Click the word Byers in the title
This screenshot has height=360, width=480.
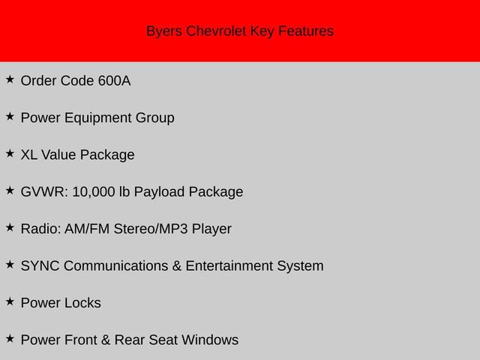pyautogui.click(x=164, y=31)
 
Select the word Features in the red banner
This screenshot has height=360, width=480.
pyautogui.click(x=306, y=31)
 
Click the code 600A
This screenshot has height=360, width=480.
pyautogui.click(x=115, y=81)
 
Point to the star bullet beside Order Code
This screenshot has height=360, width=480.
pyautogui.click(x=10, y=79)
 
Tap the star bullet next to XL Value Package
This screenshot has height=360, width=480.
pyautogui.click(x=10, y=154)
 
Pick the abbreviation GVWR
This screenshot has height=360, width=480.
pyautogui.click(x=44, y=192)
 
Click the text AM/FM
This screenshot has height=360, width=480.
pyautogui.click(x=87, y=229)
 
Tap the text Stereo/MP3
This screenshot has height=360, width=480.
pyautogui.click(x=151, y=229)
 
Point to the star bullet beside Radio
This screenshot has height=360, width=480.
pyautogui.click(x=10, y=228)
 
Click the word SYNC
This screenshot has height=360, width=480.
pyautogui.click(x=40, y=266)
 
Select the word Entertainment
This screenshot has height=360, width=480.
pyautogui.click(x=229, y=266)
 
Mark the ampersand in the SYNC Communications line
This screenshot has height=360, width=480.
pyautogui.click(x=177, y=266)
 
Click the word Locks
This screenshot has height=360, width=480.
pyautogui.click(x=82, y=303)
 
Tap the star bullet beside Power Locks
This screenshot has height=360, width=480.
pyautogui.click(x=10, y=301)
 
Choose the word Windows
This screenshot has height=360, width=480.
pyautogui.click(x=210, y=340)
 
